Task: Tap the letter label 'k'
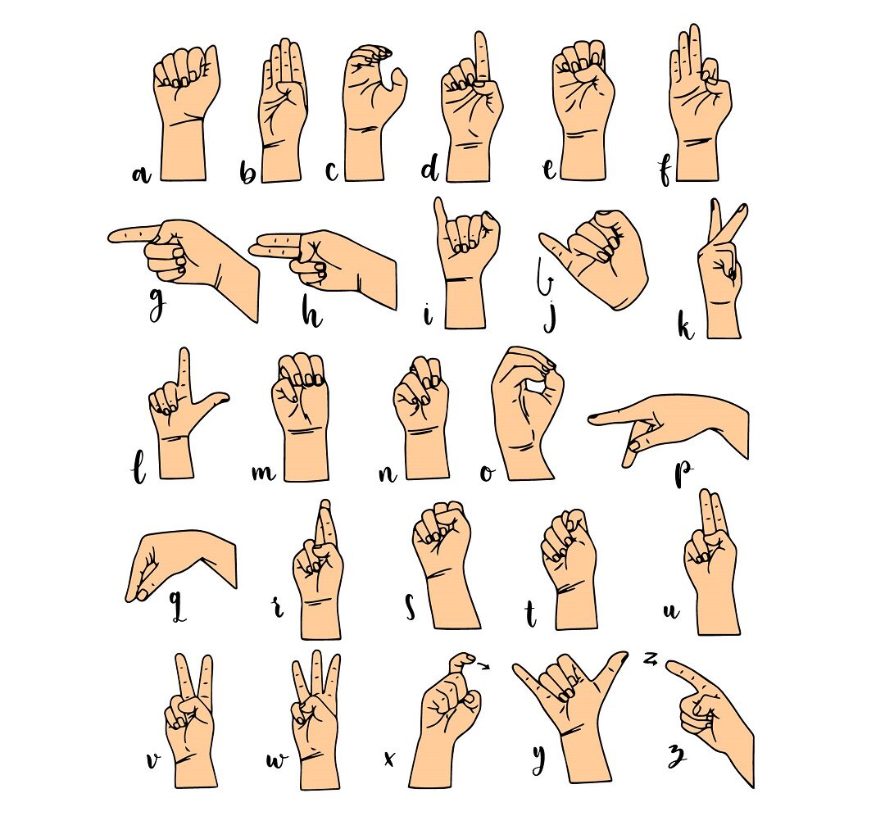coord(686,326)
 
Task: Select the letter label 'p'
coord(683,472)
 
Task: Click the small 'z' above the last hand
coord(651,658)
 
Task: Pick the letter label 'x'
coord(389,759)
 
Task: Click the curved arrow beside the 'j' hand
coord(544,278)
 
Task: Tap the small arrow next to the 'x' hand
coord(483,666)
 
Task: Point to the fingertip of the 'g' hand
coord(113,236)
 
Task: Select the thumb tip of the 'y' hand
coord(621,656)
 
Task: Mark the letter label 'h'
coord(311,313)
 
